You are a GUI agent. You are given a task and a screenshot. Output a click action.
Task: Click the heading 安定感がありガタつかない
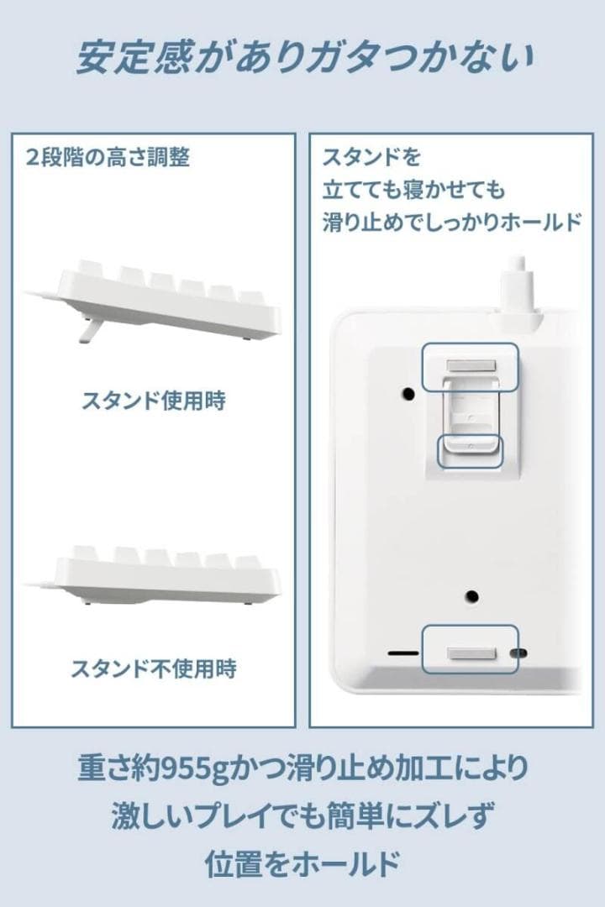(304, 58)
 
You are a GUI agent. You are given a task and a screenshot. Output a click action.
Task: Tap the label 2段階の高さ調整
(108, 157)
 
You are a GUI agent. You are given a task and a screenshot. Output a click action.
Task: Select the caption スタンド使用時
(154, 401)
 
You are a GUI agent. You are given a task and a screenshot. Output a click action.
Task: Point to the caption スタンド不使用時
(154, 668)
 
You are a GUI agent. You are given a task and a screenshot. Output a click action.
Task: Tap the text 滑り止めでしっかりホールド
(451, 222)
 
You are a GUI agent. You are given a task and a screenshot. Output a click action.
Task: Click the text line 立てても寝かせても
(413, 190)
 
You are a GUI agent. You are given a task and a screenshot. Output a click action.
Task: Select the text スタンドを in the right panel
(371, 157)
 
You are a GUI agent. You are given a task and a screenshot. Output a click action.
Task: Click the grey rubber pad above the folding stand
(472, 366)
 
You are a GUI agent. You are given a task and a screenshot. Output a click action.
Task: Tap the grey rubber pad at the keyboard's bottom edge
(472, 653)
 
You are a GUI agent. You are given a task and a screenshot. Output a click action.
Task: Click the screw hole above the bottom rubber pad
(472, 595)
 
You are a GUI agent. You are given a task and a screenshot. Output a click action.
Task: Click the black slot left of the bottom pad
(403, 653)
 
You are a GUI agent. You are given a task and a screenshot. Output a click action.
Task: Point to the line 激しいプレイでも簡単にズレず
(302, 815)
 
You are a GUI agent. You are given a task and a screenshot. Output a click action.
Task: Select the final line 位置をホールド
(302, 863)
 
